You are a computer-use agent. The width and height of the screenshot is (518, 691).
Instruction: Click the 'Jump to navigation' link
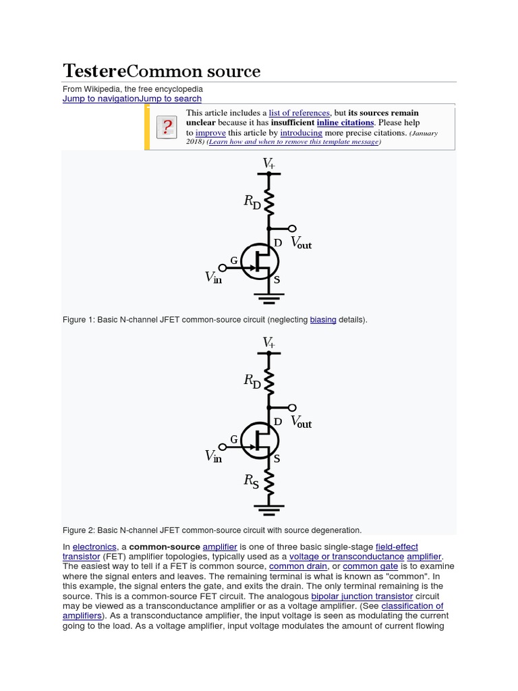[x=100, y=99]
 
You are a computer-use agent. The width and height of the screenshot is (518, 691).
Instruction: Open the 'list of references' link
[x=299, y=113]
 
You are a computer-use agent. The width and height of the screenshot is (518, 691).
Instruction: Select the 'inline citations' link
[x=345, y=123]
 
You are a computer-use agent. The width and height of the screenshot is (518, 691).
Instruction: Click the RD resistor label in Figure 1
[x=252, y=202]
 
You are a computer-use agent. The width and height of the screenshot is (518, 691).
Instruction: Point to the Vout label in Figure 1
[x=301, y=242]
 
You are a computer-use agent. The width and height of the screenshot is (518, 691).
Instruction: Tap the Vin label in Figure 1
[x=213, y=277]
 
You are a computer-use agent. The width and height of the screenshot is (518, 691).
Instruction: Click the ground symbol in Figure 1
[x=269, y=295]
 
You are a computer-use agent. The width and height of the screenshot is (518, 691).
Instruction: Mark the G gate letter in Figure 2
[x=234, y=439]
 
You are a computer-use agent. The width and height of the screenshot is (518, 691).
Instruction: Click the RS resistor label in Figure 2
[x=251, y=481]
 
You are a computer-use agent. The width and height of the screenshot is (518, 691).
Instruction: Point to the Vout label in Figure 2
[x=301, y=422]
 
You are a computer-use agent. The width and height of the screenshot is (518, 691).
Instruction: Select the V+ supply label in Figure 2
[x=268, y=342]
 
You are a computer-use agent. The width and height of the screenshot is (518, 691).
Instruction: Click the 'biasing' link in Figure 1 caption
[x=323, y=319]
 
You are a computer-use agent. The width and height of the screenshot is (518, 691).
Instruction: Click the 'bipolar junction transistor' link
[x=362, y=597]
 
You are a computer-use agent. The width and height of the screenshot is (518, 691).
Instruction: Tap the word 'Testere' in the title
[x=94, y=71]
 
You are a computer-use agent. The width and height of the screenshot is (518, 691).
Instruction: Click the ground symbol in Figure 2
[x=269, y=506]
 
